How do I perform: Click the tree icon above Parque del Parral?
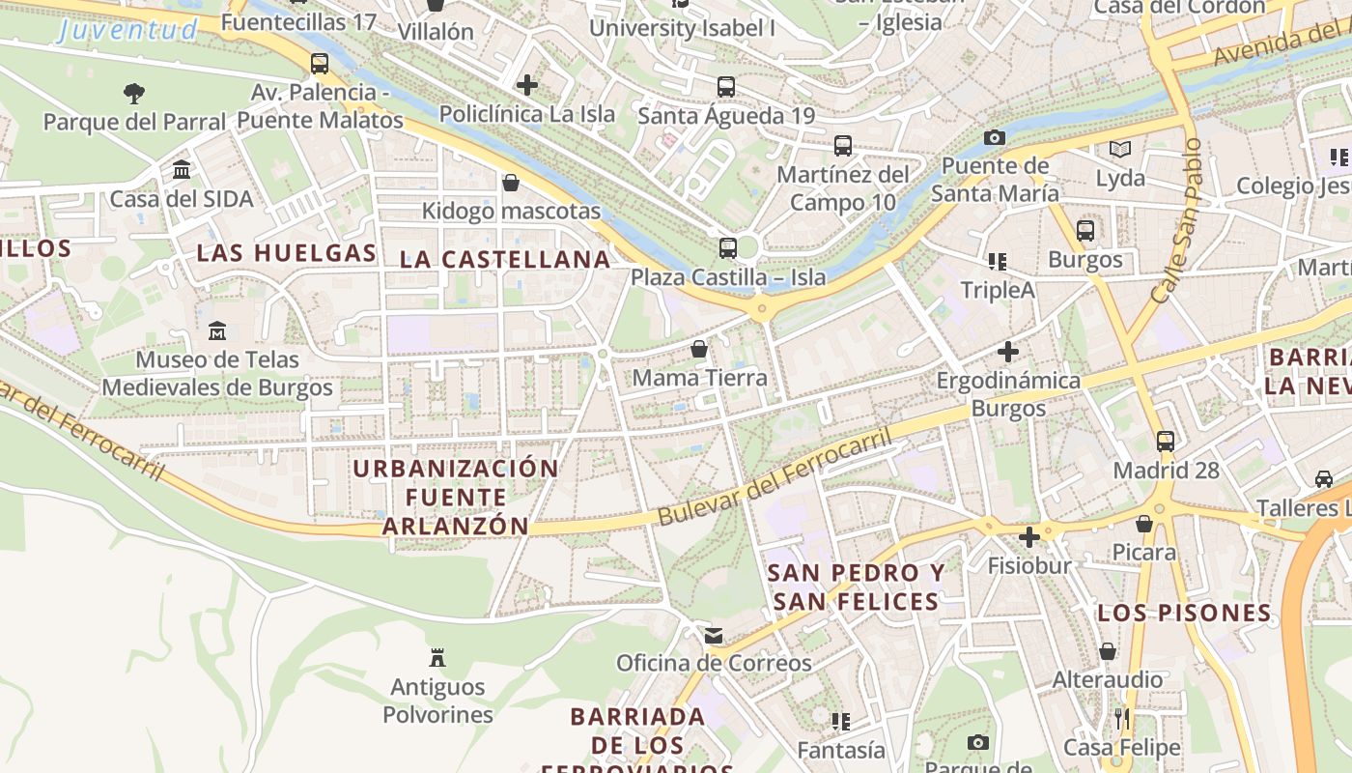134,94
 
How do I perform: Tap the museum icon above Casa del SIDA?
181,170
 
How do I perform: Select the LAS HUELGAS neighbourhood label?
286,254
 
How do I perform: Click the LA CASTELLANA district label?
505,259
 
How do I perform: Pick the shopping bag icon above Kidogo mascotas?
511,183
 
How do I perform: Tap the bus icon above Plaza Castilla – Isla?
727,248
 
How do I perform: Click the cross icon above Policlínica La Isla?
527,85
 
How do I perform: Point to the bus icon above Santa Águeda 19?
726,87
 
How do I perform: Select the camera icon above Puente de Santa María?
995,138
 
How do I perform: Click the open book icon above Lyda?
1120,150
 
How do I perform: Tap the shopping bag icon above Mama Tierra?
699,349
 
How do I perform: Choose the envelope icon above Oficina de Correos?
714,635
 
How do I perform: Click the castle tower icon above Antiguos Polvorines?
437,659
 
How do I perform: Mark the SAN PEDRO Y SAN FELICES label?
856,587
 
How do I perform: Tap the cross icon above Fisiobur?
1029,536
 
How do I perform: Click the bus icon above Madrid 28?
1166,442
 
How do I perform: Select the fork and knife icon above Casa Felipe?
1121,719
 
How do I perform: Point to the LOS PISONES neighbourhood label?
1184,613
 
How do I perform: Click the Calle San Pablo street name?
1177,221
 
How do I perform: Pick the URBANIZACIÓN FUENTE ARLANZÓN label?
456,497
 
